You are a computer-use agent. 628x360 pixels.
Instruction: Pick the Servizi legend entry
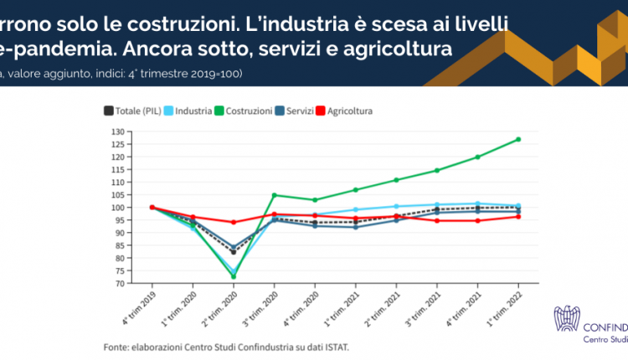click(299, 111)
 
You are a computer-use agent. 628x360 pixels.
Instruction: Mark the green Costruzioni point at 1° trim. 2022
click(518, 139)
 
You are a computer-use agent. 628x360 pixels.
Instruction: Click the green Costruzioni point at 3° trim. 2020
click(274, 195)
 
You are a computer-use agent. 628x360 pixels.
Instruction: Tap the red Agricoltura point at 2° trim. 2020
click(234, 223)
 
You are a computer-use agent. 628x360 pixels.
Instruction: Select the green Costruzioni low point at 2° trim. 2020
click(234, 276)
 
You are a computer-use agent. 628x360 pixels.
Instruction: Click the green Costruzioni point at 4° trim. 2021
click(477, 157)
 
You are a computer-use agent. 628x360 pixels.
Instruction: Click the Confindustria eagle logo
click(568, 318)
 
